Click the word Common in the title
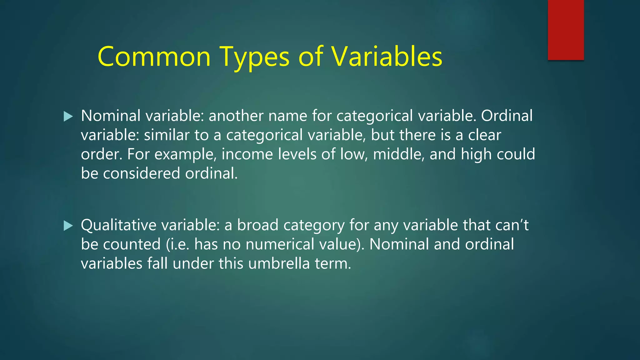pyautogui.click(x=154, y=57)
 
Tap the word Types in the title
pyautogui.click(x=254, y=57)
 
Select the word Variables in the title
pyautogui.click(x=387, y=57)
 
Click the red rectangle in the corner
pyautogui.click(x=566, y=30)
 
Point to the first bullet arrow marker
pyautogui.click(x=68, y=117)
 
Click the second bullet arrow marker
pyautogui.click(x=68, y=226)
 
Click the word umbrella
pyautogui.click(x=279, y=263)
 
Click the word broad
pyautogui.click(x=257, y=225)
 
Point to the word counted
pyautogui.click(x=132, y=244)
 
